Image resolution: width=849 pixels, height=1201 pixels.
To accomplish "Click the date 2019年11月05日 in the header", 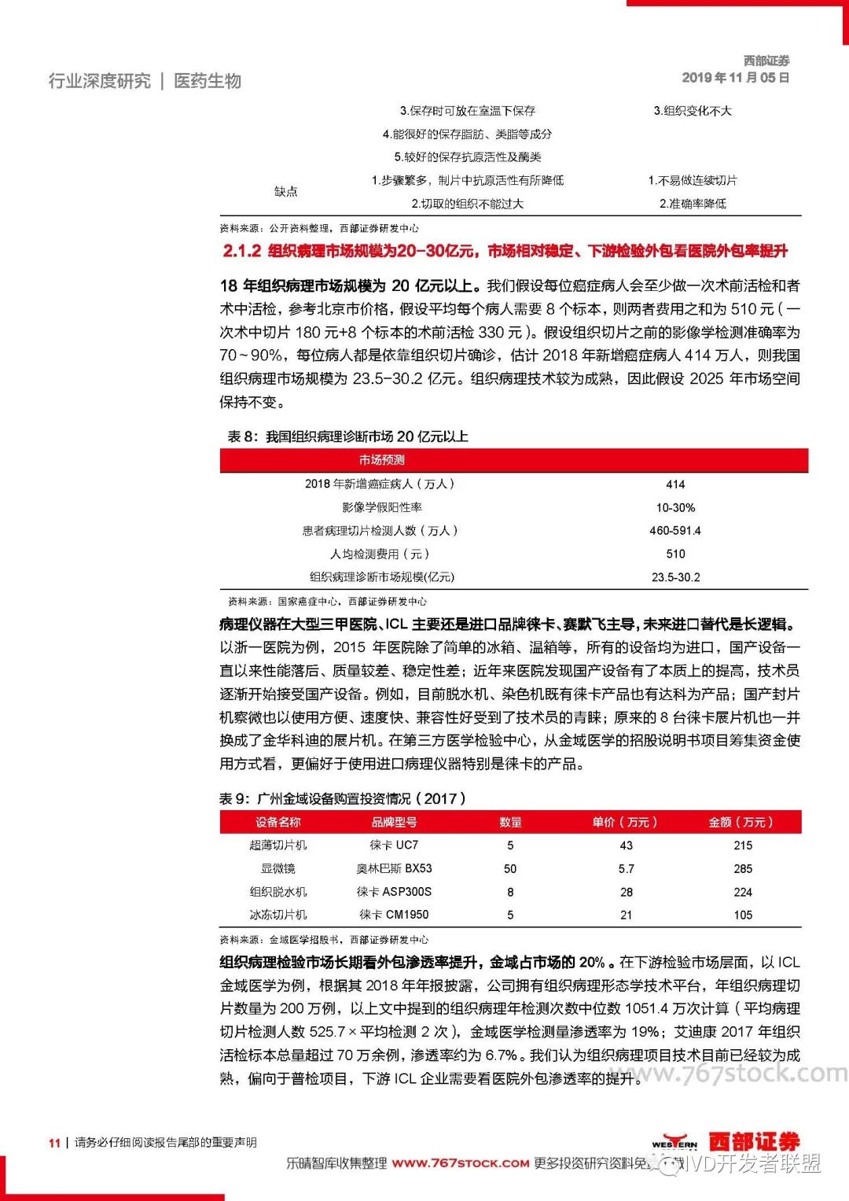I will [x=735, y=78].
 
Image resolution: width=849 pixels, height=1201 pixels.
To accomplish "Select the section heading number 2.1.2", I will [x=241, y=251].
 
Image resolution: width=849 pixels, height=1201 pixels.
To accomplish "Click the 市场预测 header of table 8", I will [x=382, y=460].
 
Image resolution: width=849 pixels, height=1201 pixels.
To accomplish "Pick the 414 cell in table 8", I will [x=675, y=484].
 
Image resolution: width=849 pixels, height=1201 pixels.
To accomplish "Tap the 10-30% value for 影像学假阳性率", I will [x=675, y=508].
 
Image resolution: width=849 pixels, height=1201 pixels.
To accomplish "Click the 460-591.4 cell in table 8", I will [x=675, y=531].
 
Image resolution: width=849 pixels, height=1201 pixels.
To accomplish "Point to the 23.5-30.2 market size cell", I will [x=675, y=577].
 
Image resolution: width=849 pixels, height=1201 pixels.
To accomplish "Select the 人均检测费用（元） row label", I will [x=380, y=554].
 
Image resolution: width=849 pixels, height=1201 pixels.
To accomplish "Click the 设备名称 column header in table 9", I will [x=277, y=822].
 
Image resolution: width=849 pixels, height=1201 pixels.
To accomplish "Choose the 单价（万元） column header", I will [x=625, y=822].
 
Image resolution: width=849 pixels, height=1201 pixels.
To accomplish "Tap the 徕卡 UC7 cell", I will [x=394, y=845].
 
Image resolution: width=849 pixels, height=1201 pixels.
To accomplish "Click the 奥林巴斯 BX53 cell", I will [x=394, y=869].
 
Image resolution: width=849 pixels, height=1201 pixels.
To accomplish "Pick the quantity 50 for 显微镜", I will [x=510, y=869].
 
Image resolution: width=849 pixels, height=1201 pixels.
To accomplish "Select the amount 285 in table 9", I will [x=743, y=869].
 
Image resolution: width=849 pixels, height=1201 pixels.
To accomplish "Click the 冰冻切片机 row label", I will [x=277, y=915].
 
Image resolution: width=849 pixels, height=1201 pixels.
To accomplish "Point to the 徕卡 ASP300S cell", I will [x=394, y=892].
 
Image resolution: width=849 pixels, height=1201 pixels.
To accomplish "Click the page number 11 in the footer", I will [x=54, y=1143].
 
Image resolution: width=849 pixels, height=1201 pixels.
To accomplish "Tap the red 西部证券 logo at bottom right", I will [x=754, y=1141].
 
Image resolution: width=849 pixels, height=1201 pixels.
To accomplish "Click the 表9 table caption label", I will [x=234, y=799].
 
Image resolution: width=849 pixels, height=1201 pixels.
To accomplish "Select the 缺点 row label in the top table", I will [x=286, y=192].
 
